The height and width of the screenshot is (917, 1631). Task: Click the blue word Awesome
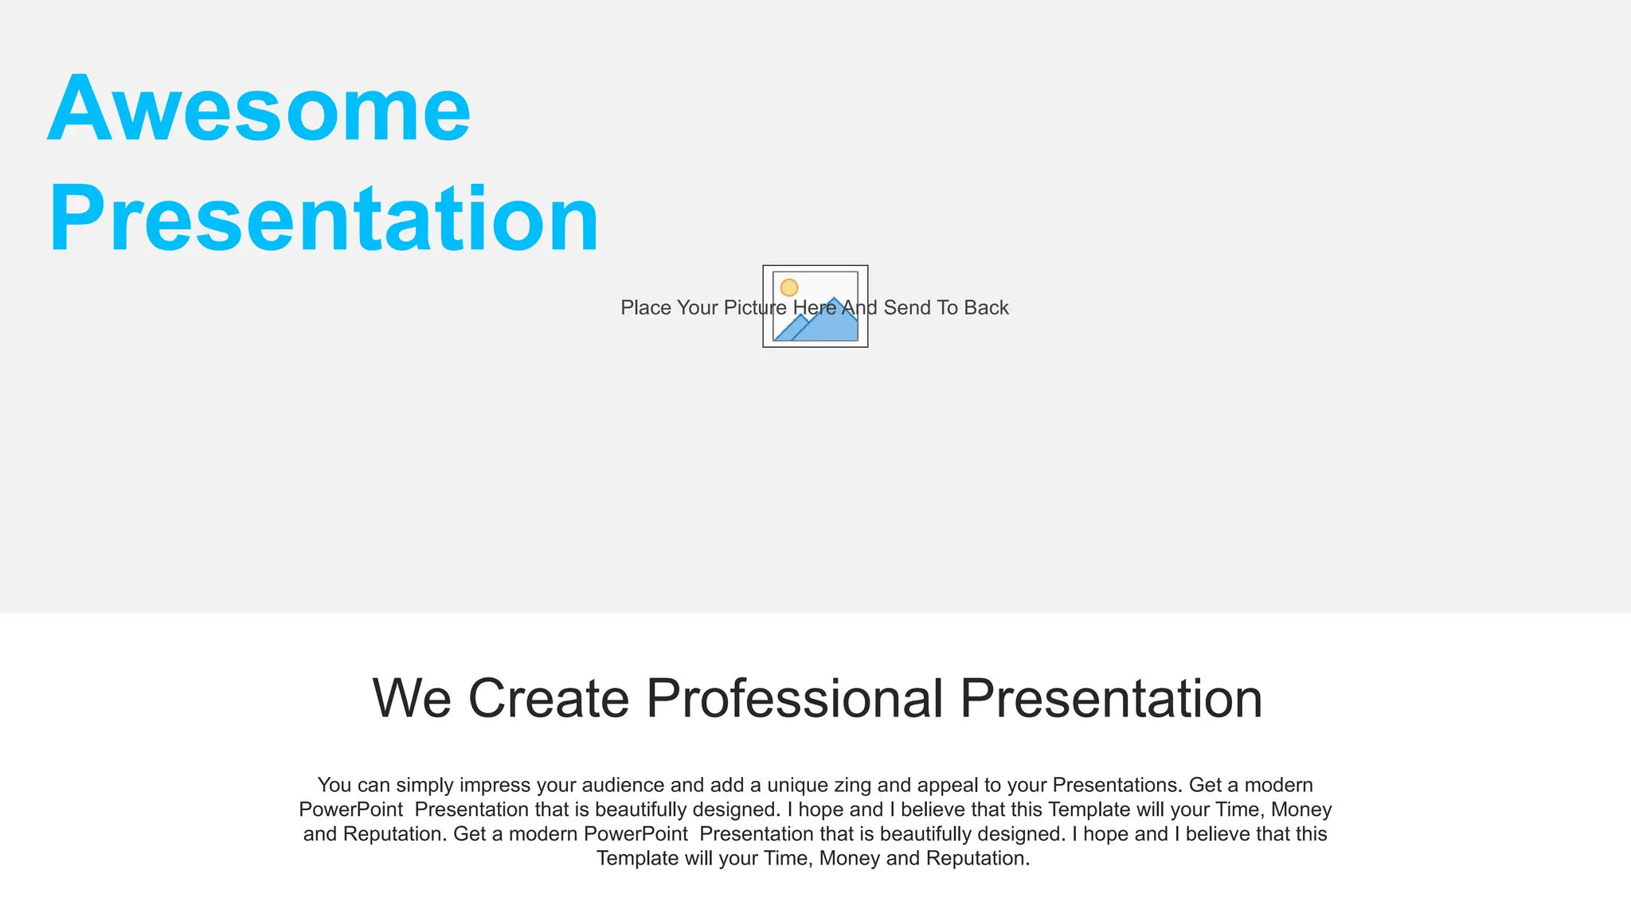(x=260, y=109)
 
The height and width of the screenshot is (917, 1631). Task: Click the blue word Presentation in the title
(x=323, y=219)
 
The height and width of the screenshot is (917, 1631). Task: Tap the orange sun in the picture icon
(x=788, y=287)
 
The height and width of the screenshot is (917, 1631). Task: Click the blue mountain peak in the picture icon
(x=834, y=302)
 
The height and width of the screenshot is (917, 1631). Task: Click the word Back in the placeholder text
(x=986, y=308)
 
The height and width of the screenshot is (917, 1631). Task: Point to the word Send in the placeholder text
(x=907, y=308)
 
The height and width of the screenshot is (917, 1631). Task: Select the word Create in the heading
(x=549, y=699)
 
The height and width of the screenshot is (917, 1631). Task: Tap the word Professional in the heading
(x=794, y=699)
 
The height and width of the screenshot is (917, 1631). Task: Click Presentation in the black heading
(x=1111, y=699)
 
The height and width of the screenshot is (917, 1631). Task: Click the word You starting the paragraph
(x=334, y=786)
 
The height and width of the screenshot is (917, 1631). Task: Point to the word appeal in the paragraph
(x=948, y=786)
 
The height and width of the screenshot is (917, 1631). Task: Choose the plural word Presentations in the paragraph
(x=1117, y=786)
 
